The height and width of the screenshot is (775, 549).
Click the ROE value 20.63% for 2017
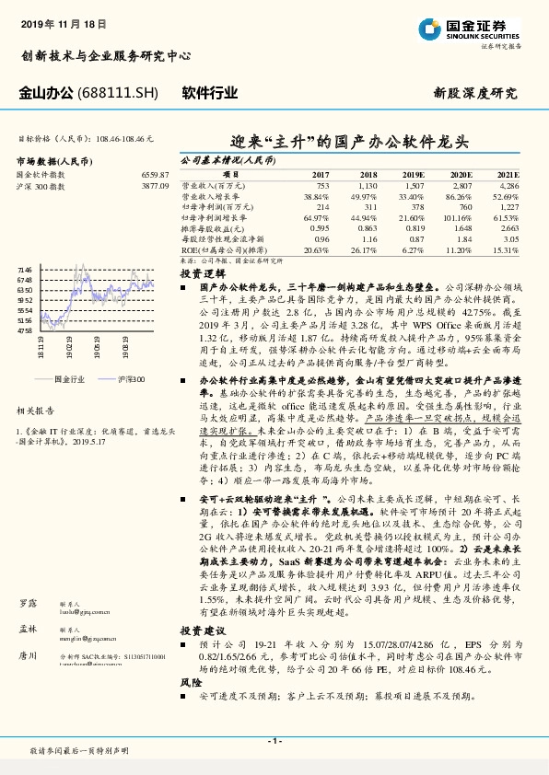(315, 250)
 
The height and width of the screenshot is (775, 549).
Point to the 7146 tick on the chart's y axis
(25, 269)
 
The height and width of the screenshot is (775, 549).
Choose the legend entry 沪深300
(132, 378)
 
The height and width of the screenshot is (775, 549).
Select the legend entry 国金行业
(69, 378)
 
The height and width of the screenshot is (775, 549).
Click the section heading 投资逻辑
(202, 274)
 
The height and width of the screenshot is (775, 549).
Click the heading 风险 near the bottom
(190, 682)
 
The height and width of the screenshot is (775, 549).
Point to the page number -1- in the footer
(274, 741)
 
